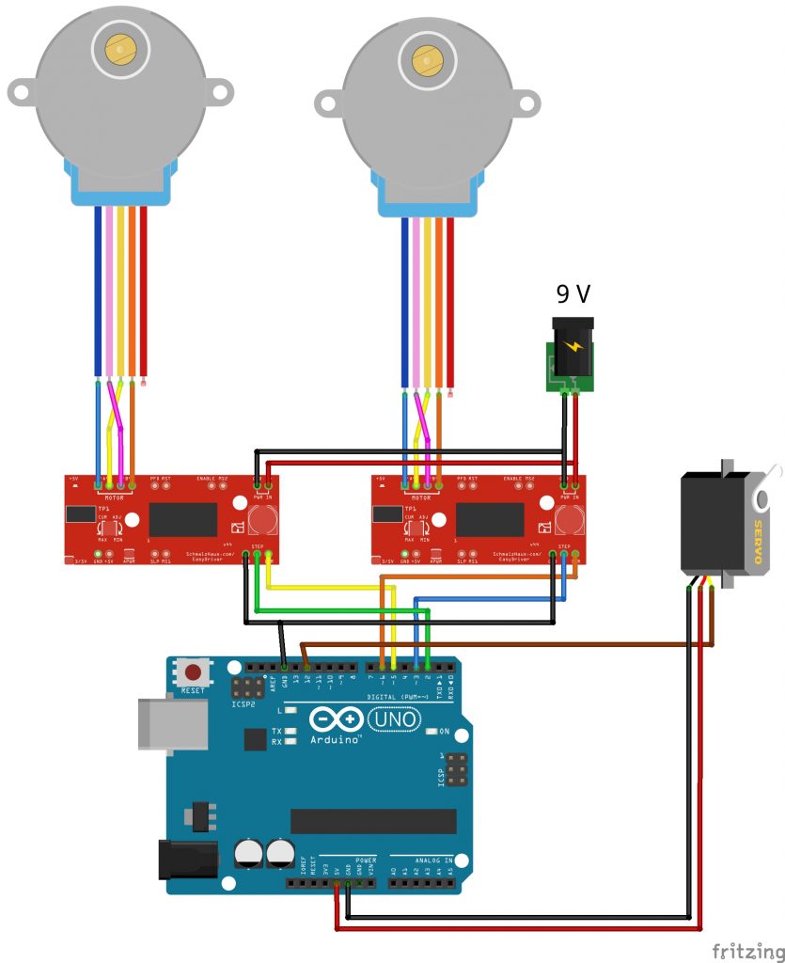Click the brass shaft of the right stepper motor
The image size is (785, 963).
tap(426, 60)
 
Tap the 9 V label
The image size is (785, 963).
tap(573, 294)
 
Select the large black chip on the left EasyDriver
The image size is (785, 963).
tap(183, 519)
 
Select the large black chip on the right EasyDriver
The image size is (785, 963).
tap(490, 519)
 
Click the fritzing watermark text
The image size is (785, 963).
tap(746, 950)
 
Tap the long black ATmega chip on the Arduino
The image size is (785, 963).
tap(372, 820)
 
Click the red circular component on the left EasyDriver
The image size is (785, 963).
tap(262, 519)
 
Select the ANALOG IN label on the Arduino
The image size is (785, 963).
tap(434, 860)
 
